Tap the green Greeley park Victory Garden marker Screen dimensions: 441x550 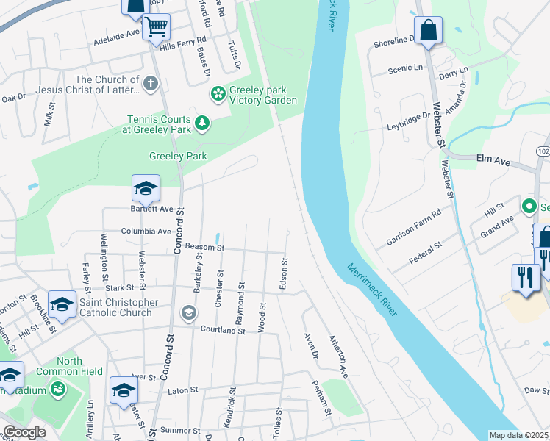(x=218, y=93)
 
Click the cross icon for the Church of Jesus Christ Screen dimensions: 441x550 (x=151, y=82)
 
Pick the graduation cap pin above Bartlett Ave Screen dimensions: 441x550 (x=146, y=189)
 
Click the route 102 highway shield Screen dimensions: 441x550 (x=543, y=151)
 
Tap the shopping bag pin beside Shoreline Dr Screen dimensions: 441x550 (x=429, y=31)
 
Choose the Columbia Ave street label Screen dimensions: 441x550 (x=146, y=231)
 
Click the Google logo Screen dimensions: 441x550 (x=24, y=433)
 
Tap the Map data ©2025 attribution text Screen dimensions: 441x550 (x=519, y=435)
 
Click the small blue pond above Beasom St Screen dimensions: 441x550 (x=218, y=238)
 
